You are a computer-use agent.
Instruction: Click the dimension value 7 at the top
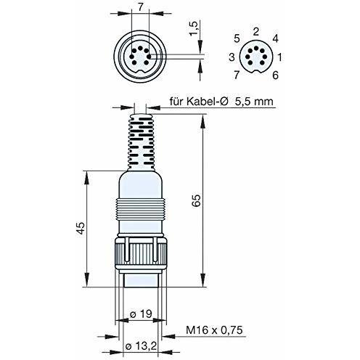140,8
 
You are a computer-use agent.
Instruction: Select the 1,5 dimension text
195,28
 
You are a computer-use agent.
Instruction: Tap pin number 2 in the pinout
255,31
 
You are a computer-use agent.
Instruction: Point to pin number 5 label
237,38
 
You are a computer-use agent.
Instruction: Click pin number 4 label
275,38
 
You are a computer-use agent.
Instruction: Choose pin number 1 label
279,57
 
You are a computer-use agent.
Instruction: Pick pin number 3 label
232,57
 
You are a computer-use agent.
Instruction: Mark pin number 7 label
237,75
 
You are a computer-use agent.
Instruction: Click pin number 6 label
275,75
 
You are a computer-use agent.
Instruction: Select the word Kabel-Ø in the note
208,101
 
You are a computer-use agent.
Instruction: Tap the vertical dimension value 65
197,200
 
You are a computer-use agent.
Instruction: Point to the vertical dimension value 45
81,228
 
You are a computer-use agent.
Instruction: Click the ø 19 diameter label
141,314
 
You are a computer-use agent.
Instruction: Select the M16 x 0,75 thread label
214,330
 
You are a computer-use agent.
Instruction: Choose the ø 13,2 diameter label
142,346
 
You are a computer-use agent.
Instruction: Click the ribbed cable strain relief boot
141,142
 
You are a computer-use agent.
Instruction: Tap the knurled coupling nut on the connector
141,253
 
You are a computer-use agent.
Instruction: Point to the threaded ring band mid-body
140,209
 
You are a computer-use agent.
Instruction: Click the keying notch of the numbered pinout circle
256,72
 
